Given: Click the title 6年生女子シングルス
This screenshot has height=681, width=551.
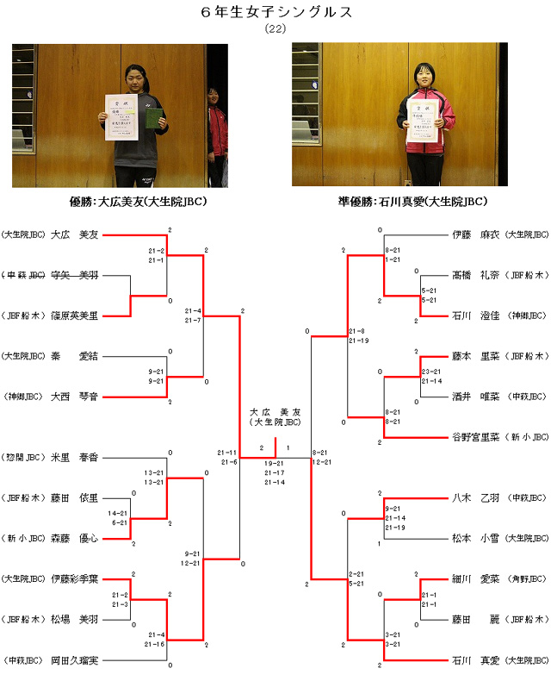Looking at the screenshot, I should (x=275, y=12).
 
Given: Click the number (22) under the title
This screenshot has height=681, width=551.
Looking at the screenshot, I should (x=275, y=28).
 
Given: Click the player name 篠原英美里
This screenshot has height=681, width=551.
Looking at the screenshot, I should (x=76, y=316).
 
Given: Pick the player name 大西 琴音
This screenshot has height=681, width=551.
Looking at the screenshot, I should (x=76, y=397).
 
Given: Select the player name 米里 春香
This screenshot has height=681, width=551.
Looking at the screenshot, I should (x=76, y=457).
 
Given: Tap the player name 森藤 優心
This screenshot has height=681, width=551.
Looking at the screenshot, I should (x=76, y=538).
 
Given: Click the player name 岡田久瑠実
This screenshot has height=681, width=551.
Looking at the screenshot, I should (x=76, y=660).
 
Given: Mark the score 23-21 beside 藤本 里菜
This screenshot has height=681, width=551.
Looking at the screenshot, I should (x=431, y=371).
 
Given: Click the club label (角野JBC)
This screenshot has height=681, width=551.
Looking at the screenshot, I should (x=527, y=578).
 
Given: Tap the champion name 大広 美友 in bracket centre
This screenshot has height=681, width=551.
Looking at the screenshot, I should (x=275, y=413).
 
